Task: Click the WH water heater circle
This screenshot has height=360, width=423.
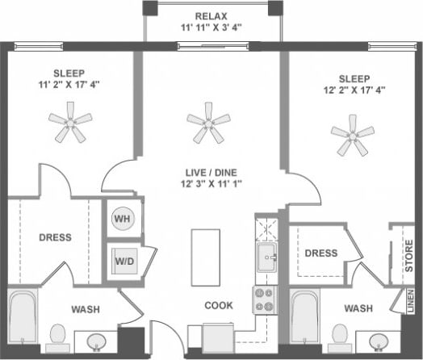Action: pos(123,219)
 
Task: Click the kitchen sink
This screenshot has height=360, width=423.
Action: pos(266,259)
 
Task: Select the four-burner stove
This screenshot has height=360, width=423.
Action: pos(265,300)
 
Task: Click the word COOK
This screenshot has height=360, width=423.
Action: pos(218,306)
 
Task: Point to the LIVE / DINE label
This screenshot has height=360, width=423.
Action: pos(211,172)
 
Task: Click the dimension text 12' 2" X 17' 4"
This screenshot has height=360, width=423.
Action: pos(352,90)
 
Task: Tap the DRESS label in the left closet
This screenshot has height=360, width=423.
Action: pos(55,238)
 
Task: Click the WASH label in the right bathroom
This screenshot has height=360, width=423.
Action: pos(358,309)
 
